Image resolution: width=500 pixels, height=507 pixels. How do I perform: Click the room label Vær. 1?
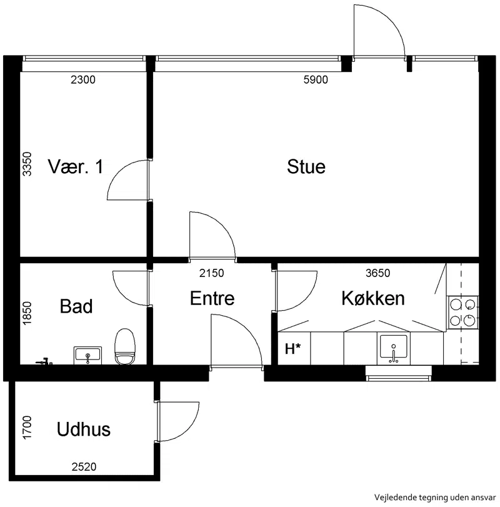[76, 167]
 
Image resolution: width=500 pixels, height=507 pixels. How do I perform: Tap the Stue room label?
[306, 167]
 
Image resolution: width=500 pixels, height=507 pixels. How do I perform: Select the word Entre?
[212, 298]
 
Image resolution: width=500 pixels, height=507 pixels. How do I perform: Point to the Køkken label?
[373, 298]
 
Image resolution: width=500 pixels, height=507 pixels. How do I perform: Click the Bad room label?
[76, 306]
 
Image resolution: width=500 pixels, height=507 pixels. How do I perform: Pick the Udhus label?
[84, 429]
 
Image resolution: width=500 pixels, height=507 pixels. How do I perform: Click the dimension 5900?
[316, 79]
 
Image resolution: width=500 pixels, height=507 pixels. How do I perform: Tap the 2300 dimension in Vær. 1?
[83, 79]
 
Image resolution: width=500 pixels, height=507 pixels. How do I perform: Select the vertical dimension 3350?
[27, 164]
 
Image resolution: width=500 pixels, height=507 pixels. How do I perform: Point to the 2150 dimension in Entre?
[212, 273]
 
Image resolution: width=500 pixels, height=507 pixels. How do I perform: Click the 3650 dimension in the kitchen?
[378, 273]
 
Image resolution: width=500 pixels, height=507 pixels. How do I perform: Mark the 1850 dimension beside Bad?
[27, 313]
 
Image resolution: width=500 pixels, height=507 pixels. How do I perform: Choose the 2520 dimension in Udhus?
[84, 467]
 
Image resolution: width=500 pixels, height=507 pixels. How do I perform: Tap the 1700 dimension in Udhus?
[27, 428]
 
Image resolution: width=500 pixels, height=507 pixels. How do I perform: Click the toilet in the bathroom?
[125, 346]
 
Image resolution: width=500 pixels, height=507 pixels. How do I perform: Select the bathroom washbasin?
[87, 355]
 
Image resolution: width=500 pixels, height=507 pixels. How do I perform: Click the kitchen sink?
[393, 349]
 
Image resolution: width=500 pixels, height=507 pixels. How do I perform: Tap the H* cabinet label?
[293, 349]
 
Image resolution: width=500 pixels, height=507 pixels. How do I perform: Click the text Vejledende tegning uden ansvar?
[435, 497]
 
